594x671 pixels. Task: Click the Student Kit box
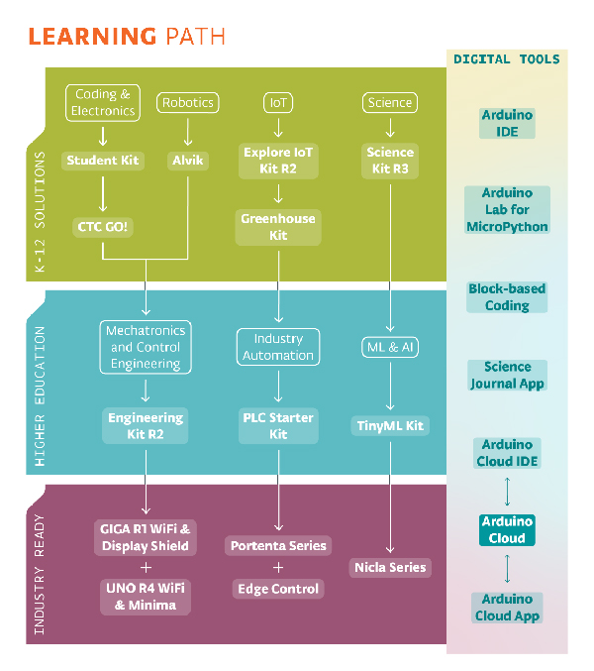(103, 161)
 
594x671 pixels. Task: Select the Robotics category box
(188, 103)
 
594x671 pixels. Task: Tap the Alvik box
(188, 161)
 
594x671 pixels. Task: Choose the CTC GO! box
(103, 227)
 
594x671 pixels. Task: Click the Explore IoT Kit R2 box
(278, 161)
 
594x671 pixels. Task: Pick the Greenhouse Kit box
(278, 227)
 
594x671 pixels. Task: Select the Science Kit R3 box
(390, 161)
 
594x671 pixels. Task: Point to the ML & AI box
(390, 347)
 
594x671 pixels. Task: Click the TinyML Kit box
(390, 426)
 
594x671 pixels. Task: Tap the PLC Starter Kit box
(278, 426)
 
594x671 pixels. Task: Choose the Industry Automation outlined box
(278, 347)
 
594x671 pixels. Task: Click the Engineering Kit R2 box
(146, 426)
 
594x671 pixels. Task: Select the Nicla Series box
(390, 568)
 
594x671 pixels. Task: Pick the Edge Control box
(278, 589)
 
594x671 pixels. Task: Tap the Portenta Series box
(278, 546)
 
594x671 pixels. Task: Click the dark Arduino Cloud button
(507, 530)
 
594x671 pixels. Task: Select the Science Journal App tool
(507, 376)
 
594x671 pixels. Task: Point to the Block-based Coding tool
(507, 297)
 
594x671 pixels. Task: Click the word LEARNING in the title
(92, 38)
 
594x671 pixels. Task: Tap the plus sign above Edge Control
(278, 568)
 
